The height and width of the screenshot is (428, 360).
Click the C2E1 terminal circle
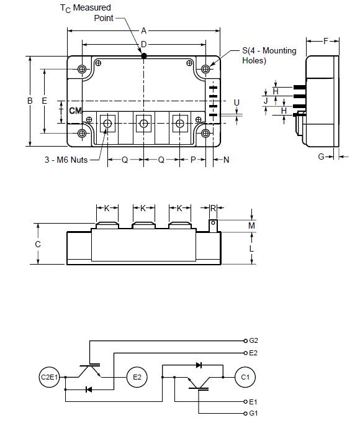click(x=49, y=376)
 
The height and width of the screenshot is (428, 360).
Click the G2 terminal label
click(x=254, y=341)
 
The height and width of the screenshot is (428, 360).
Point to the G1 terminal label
click(x=253, y=412)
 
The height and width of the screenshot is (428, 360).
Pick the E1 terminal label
click(x=253, y=401)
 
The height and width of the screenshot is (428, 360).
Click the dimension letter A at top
click(x=143, y=30)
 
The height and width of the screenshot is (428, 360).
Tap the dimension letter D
click(x=143, y=43)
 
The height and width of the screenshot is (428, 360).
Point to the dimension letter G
click(x=322, y=157)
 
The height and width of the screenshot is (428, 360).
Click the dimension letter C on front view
click(x=38, y=244)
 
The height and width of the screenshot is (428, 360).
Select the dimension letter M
click(x=251, y=225)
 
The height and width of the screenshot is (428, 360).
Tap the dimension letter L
click(x=251, y=248)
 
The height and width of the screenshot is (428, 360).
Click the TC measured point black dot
click(x=143, y=56)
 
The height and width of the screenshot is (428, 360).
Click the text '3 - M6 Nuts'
click(x=65, y=160)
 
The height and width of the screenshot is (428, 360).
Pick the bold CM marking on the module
click(x=75, y=111)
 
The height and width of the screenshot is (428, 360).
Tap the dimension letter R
click(x=214, y=208)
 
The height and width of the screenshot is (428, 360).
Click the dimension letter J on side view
click(x=266, y=99)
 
